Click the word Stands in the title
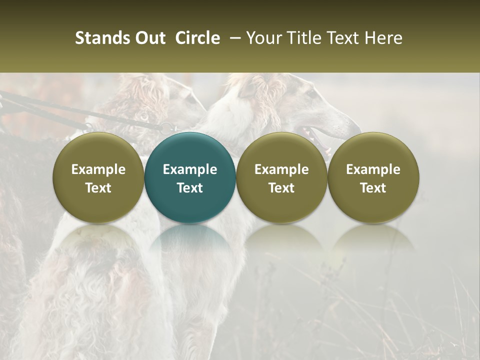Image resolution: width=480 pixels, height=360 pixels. pos(101,38)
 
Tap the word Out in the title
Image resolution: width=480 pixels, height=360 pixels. pos(149,38)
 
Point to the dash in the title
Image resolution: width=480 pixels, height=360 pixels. pos(233,38)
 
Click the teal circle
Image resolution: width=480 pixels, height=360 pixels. pos(190,177)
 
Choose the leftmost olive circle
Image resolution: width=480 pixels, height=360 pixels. pos(98,177)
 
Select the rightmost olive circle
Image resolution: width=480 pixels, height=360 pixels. pos(373,177)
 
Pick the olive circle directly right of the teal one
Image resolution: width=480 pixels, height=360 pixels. pos(281,177)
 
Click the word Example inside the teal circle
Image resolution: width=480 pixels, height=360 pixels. pos(190,169)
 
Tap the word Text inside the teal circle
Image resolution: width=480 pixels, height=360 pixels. pos(190,188)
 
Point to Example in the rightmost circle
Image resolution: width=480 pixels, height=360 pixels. pos(373,169)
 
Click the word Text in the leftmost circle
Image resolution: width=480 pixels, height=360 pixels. pos(98,188)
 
